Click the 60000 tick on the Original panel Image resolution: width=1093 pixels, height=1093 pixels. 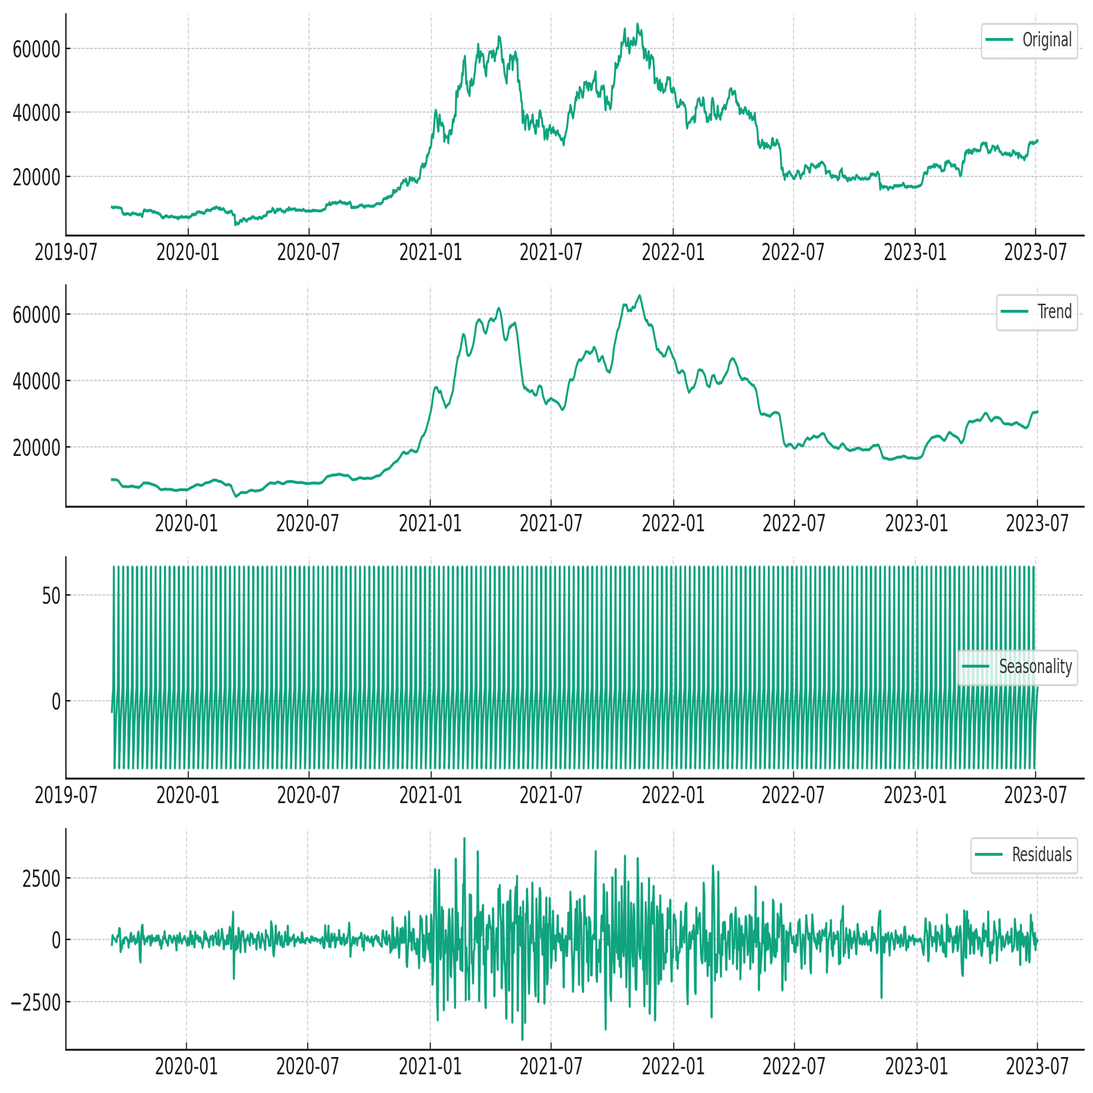[x=37, y=49]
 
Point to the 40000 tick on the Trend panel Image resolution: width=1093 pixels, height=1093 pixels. [x=37, y=381]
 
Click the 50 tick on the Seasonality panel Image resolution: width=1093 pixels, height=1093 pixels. [x=51, y=596]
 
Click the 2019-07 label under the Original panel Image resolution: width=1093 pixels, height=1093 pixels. [x=66, y=252]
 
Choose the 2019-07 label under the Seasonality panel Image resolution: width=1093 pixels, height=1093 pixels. [x=66, y=796]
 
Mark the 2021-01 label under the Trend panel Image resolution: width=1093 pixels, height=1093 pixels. [x=430, y=524]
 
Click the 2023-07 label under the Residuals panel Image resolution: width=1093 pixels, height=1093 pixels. [x=1037, y=1067]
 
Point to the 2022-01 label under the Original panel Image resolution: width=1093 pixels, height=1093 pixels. [x=673, y=252]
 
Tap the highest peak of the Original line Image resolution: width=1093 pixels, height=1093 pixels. [x=638, y=24]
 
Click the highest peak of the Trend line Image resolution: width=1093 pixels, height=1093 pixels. [x=640, y=296]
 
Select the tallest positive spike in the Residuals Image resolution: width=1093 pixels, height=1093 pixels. [x=464, y=838]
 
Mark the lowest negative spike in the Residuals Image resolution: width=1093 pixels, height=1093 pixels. [x=522, y=1039]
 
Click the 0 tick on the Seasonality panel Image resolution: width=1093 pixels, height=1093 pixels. [x=56, y=702]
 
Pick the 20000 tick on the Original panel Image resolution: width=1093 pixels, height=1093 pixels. [x=37, y=177]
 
